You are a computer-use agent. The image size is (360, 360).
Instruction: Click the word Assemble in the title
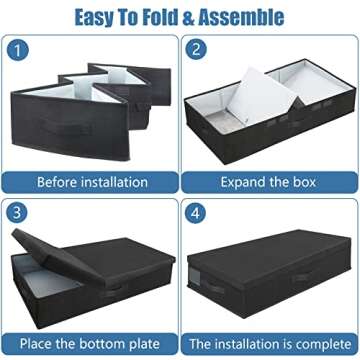pos(246,17)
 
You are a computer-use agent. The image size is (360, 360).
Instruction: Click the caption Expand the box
pos(268,182)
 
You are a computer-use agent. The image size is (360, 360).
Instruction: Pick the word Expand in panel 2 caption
pos(240,182)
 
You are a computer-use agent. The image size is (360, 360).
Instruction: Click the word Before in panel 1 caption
pos(59,182)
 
